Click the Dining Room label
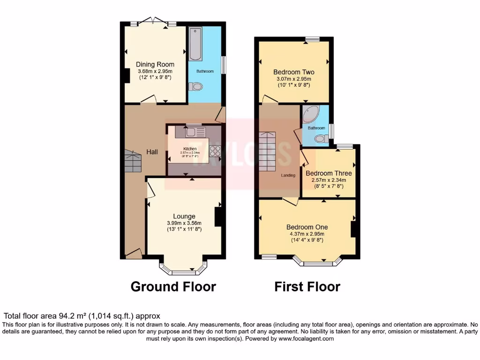pyautogui.click(x=155, y=65)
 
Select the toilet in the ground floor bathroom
pyautogui.click(x=195, y=87)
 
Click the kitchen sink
pyautogui.click(x=192, y=132)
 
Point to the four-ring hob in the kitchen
pyautogui.click(x=215, y=151)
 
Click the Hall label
pyautogui.click(x=152, y=152)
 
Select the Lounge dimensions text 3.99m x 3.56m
pyautogui.click(x=184, y=223)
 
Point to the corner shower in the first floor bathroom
pyautogui.click(x=310, y=114)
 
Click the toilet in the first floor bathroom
pyautogui.click(x=322, y=138)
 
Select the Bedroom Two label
pyautogui.click(x=294, y=72)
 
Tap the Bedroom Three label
pyautogui.click(x=329, y=173)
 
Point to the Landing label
pyautogui.click(x=288, y=175)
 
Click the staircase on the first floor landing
pyautogui.click(x=269, y=151)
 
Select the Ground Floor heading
pyautogui.click(x=173, y=286)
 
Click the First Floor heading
pyautogui.click(x=307, y=286)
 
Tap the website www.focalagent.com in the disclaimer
pyautogui.click(x=307, y=338)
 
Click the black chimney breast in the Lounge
pyautogui.click(x=218, y=217)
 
